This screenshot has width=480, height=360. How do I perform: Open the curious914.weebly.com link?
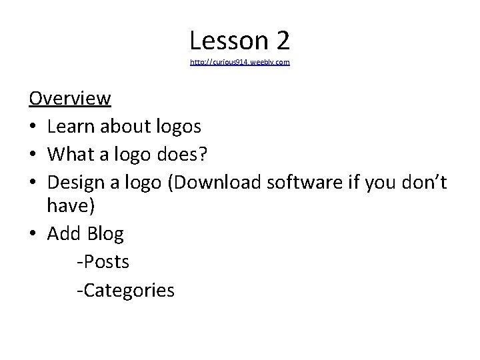(x=240, y=62)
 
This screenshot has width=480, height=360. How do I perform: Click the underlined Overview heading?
(x=70, y=99)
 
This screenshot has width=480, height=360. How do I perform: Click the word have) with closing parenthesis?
(x=71, y=207)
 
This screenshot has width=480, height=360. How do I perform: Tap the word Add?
(x=64, y=234)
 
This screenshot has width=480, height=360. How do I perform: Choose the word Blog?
(x=105, y=234)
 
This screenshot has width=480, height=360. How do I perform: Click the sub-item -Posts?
(x=103, y=262)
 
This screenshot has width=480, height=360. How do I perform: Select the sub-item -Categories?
(x=125, y=290)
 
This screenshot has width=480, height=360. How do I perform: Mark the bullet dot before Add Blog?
(x=33, y=235)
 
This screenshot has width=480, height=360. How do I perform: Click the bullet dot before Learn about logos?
(x=33, y=127)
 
